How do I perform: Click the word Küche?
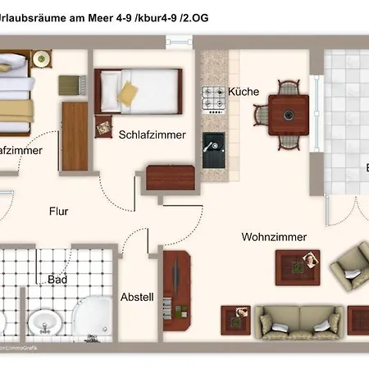pos(244,92)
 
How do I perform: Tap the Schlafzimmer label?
pos(152,134)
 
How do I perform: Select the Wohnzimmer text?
pos(274,237)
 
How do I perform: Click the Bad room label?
pos(57,280)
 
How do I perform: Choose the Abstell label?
pos(137,297)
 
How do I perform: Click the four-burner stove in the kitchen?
pos(214,101)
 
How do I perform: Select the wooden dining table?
pos(288,114)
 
